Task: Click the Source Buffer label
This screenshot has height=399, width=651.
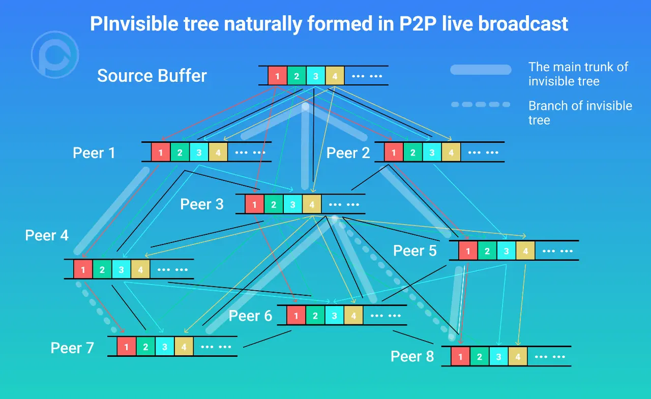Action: pyautogui.click(x=152, y=76)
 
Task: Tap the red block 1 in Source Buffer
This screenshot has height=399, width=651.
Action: pyautogui.click(x=277, y=76)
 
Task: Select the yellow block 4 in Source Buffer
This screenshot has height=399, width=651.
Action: pyautogui.click(x=335, y=76)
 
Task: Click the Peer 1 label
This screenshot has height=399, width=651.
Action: pyautogui.click(x=94, y=152)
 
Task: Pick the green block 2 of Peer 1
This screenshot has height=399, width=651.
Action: pyautogui.click(x=180, y=152)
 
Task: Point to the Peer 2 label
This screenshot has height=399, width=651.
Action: pyautogui.click(x=348, y=152)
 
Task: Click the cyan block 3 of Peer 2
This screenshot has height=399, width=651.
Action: pyautogui.click(x=431, y=152)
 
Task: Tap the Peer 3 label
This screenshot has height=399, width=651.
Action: pyautogui.click(x=202, y=204)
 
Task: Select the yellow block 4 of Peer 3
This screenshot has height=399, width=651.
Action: pyautogui.click(x=312, y=205)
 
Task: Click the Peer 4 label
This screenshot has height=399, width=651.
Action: pyautogui.click(x=47, y=235)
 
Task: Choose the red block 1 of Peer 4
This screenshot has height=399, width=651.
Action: pyautogui.click(x=83, y=269)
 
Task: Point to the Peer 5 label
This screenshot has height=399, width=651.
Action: pyautogui.click(x=415, y=251)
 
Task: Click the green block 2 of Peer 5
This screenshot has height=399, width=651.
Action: pyautogui.click(x=487, y=251)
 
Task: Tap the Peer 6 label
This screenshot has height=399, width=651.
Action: pyautogui.click(x=250, y=316)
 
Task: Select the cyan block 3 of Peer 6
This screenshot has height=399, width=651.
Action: pyautogui.click(x=334, y=316)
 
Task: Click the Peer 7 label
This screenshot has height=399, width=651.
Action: pyautogui.click(x=72, y=348)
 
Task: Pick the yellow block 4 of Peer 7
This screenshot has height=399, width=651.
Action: pyautogui.click(x=184, y=347)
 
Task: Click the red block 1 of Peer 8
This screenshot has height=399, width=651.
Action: pyautogui.click(x=460, y=357)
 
